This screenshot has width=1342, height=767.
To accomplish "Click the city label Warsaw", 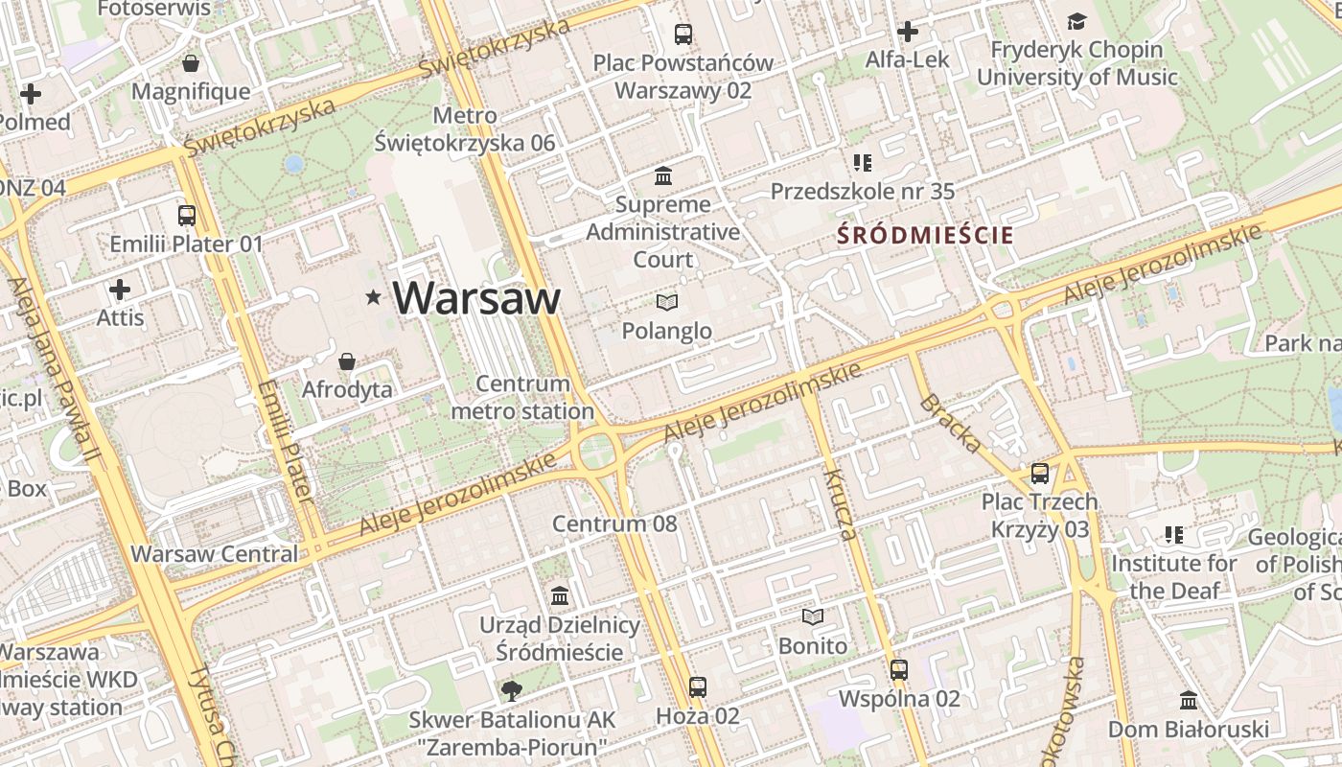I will (476, 298).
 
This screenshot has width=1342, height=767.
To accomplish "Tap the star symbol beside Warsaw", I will (373, 298).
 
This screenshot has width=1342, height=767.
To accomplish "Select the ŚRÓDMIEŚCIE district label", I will (925, 234).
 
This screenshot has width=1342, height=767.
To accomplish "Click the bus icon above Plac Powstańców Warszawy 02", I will (683, 35).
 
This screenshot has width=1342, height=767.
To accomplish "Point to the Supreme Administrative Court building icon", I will (663, 176).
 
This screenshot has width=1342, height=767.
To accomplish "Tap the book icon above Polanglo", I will (667, 303).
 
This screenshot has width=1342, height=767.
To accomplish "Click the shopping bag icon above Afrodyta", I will (347, 361).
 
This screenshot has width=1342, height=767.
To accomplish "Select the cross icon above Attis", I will (120, 290).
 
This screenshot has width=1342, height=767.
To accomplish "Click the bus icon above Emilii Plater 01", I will (187, 216).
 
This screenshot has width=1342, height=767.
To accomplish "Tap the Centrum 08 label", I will (614, 523).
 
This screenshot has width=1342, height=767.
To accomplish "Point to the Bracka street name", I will (950, 422).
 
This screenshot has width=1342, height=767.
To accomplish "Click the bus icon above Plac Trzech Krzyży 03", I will (1040, 473).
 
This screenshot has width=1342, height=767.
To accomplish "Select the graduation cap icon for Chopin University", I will (1077, 21).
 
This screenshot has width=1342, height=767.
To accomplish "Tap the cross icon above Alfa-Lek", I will (907, 32).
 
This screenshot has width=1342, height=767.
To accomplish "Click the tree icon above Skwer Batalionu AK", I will (512, 690).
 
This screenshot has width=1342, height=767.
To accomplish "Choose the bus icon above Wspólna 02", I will (899, 670).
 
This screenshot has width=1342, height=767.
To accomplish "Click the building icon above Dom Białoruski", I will (1189, 701).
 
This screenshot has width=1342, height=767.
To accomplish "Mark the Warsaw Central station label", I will (215, 554).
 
